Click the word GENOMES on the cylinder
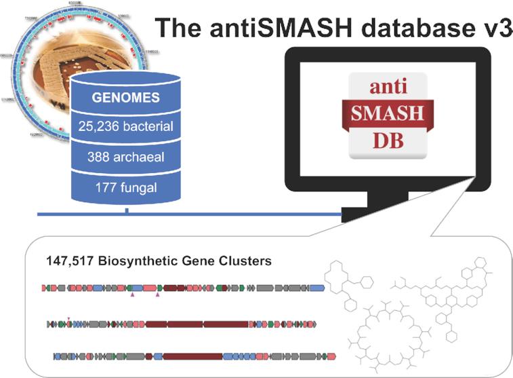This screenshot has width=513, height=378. pyautogui.click(x=127, y=96)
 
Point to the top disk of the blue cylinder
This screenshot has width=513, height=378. pyautogui.click(x=127, y=80)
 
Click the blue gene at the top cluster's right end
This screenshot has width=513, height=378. pyautogui.click(x=317, y=288)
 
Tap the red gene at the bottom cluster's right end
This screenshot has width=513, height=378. pyautogui.click(x=331, y=356)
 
